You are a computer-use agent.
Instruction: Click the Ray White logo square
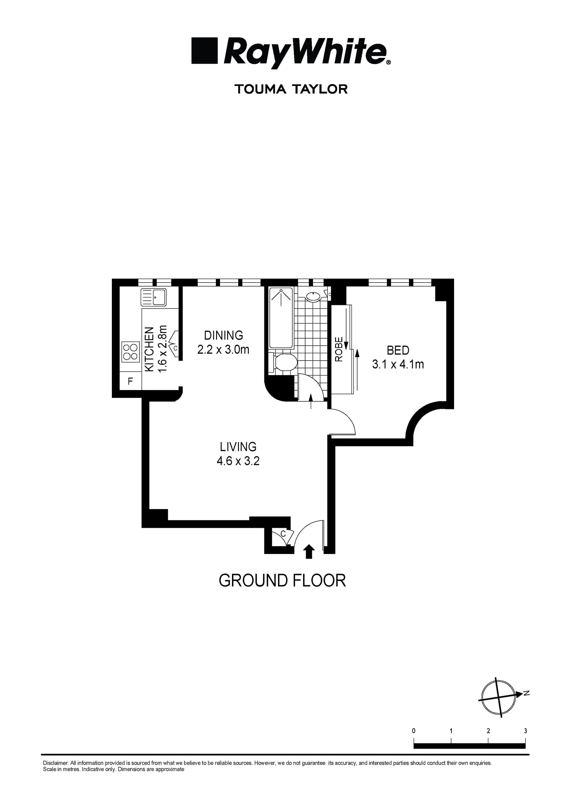pyautogui.click(x=204, y=51)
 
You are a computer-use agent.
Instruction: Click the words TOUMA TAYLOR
pyautogui.click(x=291, y=89)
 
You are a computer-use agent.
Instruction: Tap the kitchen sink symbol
pyautogui.click(x=153, y=297)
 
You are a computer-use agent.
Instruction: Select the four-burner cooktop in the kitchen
pyautogui.click(x=130, y=352)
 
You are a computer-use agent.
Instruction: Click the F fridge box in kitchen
pyautogui.click(x=131, y=381)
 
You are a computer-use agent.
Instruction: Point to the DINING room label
pyautogui.click(x=223, y=335)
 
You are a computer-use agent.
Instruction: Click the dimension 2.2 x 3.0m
pyautogui.click(x=223, y=350)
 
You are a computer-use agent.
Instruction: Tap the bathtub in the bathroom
pyautogui.click(x=281, y=317)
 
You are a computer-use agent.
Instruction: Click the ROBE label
pyautogui.click(x=338, y=350)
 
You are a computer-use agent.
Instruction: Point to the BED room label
pyautogui.click(x=398, y=350)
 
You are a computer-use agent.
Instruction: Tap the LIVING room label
pyautogui.click(x=238, y=447)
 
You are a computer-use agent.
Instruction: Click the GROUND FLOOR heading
pyautogui.click(x=282, y=581)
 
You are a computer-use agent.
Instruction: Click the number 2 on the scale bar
pyautogui.click(x=488, y=731)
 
